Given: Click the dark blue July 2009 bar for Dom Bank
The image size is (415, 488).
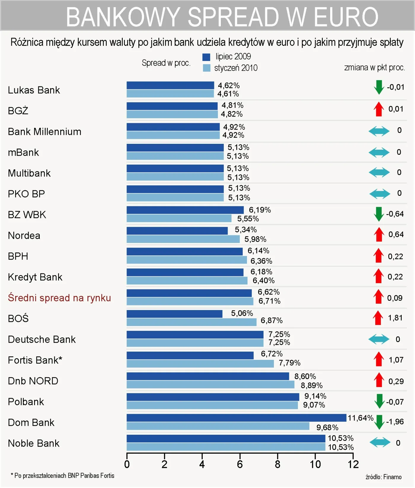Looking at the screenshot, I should pyautogui.click(x=236, y=418).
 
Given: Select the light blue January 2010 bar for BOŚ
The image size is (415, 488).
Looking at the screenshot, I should pyautogui.click(x=191, y=322).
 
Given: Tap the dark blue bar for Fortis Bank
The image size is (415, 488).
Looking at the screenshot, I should pyautogui.click(x=190, y=355).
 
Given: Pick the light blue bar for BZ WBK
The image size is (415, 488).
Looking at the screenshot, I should pyautogui.click(x=179, y=218).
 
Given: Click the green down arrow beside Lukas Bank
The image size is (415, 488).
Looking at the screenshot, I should pyautogui.click(x=379, y=87).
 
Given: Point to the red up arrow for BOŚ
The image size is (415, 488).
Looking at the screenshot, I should pyautogui.click(x=378, y=318).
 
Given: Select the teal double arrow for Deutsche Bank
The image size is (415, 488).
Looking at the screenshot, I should pyautogui.click(x=379, y=339).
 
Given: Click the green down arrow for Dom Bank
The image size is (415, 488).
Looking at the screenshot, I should pyautogui.click(x=379, y=422).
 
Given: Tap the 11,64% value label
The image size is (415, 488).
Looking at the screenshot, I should pyautogui.click(x=360, y=418).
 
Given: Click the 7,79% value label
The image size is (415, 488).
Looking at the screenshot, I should pyautogui.click(x=290, y=363).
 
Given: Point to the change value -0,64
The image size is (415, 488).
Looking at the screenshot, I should pyautogui.click(x=395, y=214).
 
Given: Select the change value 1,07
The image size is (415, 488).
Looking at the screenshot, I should pyautogui.click(x=396, y=360).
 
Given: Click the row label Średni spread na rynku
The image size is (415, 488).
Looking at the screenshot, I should pyautogui.click(x=59, y=298).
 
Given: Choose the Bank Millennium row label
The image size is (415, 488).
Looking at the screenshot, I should pyautogui.click(x=44, y=132).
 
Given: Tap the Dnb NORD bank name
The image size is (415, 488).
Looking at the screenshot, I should pyautogui.click(x=33, y=381).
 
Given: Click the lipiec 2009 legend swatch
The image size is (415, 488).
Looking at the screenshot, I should pyautogui.click(x=206, y=57).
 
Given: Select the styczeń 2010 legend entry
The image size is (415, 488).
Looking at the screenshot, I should pyautogui.click(x=236, y=68).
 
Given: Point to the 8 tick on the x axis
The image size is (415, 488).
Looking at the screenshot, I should pyautogui.click(x=277, y=464).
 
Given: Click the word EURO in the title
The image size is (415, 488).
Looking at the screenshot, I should pyautogui.click(x=346, y=17).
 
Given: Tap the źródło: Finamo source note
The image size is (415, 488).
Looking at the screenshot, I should pyautogui.click(x=383, y=477).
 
